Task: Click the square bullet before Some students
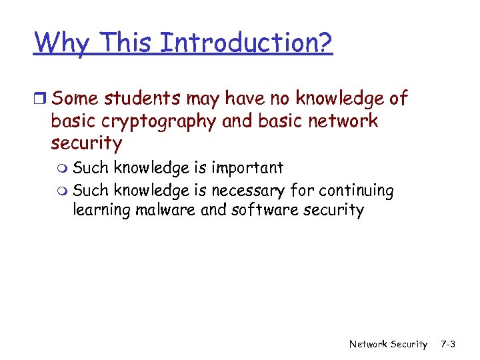click(41, 100)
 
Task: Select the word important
click(247, 168)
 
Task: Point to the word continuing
click(356, 191)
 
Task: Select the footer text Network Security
click(388, 345)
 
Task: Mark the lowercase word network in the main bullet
click(344, 121)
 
